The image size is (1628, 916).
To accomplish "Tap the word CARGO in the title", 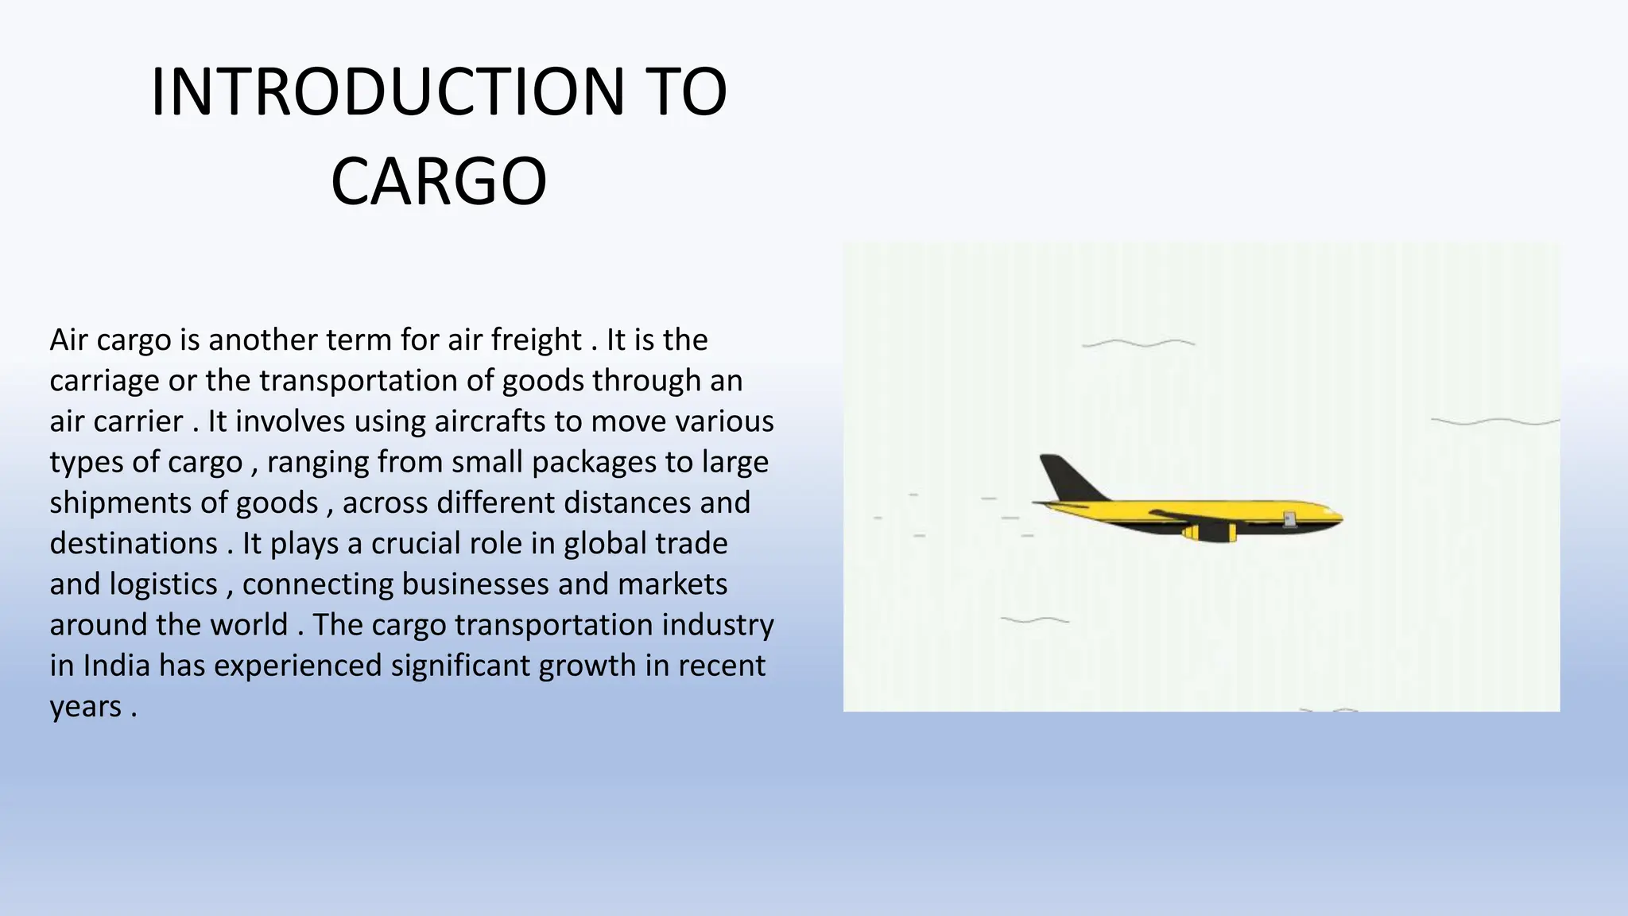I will [x=438, y=182].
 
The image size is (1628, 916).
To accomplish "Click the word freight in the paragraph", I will [x=537, y=340].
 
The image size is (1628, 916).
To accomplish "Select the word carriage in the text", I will [x=104, y=382].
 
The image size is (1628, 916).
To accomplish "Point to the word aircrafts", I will [x=489, y=421].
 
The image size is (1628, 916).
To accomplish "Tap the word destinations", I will [x=134, y=544].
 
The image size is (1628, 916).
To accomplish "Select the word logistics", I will [x=163, y=584].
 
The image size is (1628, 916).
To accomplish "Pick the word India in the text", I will [x=116, y=666].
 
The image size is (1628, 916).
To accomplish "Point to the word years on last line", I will [x=85, y=707].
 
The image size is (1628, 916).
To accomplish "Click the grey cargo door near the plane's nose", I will [x=1289, y=519].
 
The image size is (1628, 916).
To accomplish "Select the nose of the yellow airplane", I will [x=1337, y=517].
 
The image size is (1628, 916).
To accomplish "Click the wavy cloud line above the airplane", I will [x=1138, y=343].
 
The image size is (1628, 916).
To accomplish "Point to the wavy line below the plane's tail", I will [x=1034, y=619].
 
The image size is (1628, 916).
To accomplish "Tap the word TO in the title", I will [x=688, y=93].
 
